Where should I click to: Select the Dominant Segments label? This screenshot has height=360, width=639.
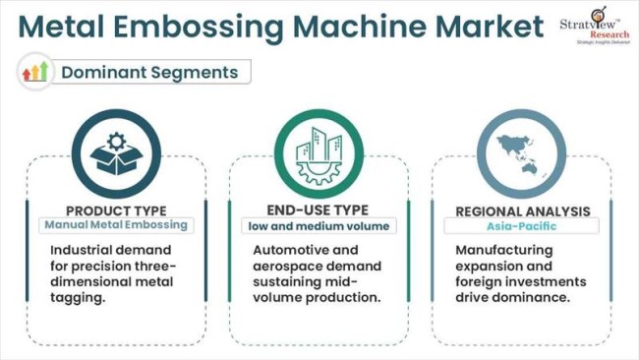[149, 72]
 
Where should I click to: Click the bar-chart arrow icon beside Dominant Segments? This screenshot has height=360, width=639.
[35, 72]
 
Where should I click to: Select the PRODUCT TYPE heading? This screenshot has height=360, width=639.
[116, 210]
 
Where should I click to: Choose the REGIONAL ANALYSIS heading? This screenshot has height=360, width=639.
[522, 210]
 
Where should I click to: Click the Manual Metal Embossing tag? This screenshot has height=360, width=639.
[116, 225]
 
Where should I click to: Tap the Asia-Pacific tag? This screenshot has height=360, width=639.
[522, 226]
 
